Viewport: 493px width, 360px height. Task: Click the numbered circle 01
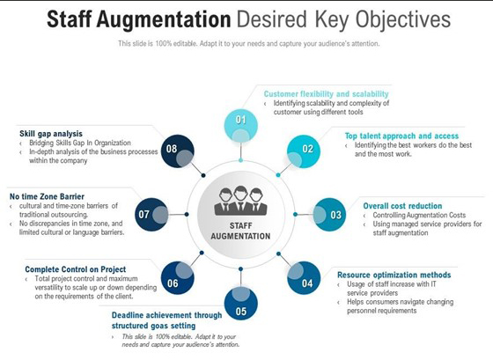point(241,126)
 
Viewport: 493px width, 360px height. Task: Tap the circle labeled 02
point(304,151)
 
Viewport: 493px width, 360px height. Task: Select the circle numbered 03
point(329,215)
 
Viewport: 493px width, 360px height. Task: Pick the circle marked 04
point(304,278)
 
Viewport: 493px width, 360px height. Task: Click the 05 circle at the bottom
point(241,304)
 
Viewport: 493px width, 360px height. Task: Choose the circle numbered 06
point(178,278)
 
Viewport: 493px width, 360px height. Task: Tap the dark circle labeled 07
point(151,215)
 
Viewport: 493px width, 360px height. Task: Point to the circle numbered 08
point(178,151)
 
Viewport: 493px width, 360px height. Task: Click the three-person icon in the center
point(241,201)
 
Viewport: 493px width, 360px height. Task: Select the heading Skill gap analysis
point(51,134)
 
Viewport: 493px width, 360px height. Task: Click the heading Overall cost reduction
point(402,206)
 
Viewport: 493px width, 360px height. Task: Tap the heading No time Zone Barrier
point(47,196)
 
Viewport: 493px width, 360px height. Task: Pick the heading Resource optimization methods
point(394,275)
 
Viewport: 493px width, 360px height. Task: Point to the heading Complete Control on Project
point(76,269)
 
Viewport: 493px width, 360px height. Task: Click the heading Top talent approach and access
point(401,136)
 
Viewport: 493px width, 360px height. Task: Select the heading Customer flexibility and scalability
point(326,94)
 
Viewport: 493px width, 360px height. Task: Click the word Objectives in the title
point(403,20)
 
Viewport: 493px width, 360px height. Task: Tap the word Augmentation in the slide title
point(164,20)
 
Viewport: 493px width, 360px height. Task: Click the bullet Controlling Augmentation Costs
point(419,215)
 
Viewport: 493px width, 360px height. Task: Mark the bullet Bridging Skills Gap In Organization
point(80,143)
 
